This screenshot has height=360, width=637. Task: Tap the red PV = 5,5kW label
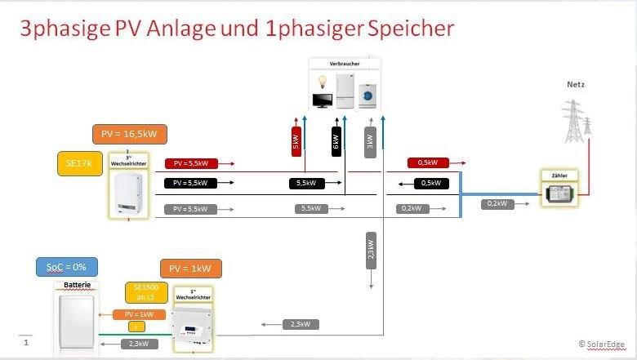[x=190, y=163]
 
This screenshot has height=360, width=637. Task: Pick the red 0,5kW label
[x=427, y=163]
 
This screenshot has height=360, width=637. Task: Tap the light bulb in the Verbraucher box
[x=322, y=83]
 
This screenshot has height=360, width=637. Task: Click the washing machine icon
[x=368, y=97]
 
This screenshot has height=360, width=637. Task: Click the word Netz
[x=576, y=85]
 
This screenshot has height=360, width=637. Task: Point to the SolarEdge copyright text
[x=605, y=344]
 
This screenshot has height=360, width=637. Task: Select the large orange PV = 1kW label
[x=190, y=269]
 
